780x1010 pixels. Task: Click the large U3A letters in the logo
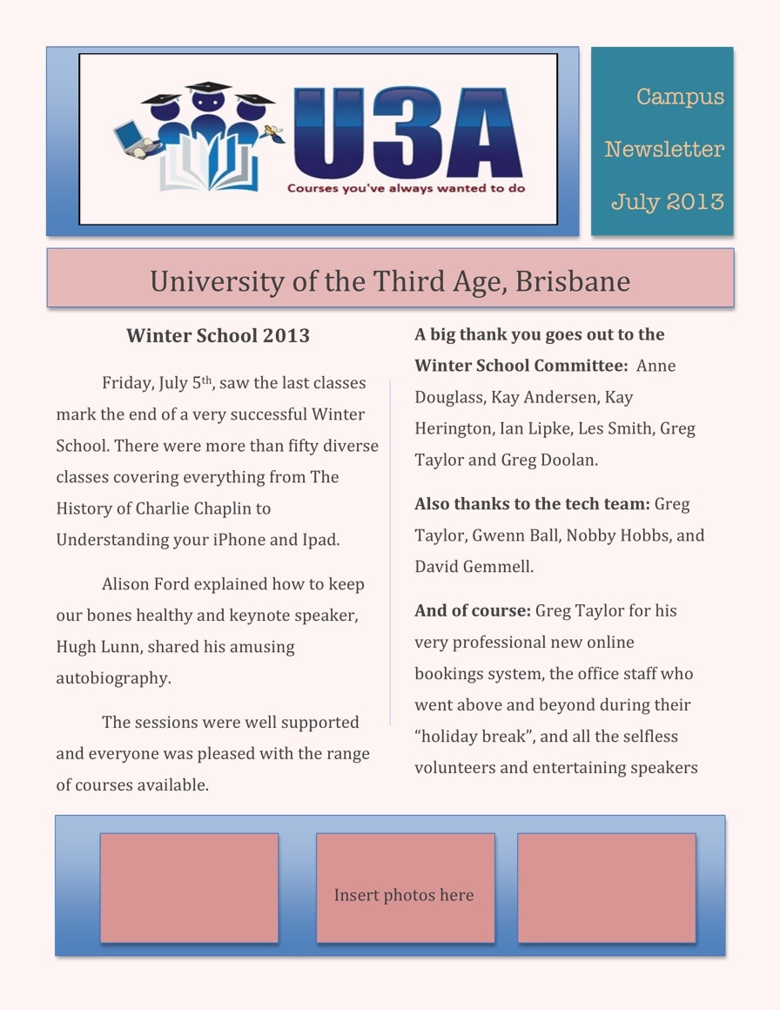(407, 133)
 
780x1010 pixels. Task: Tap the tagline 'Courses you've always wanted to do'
(406, 187)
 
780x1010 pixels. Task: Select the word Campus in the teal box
(680, 97)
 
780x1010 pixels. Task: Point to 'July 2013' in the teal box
(667, 202)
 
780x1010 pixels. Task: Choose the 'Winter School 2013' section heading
(218, 335)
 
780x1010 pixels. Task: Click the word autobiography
(113, 678)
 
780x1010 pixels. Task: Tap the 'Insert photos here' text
(404, 895)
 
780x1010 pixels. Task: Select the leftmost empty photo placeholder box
(189, 887)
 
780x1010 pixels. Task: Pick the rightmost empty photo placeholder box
(607, 887)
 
